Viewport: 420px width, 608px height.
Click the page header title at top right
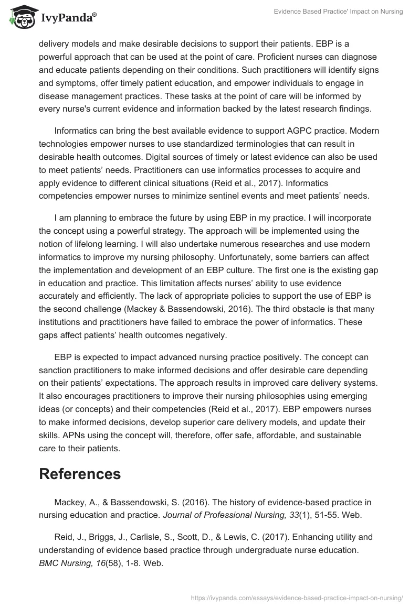[338, 12]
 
